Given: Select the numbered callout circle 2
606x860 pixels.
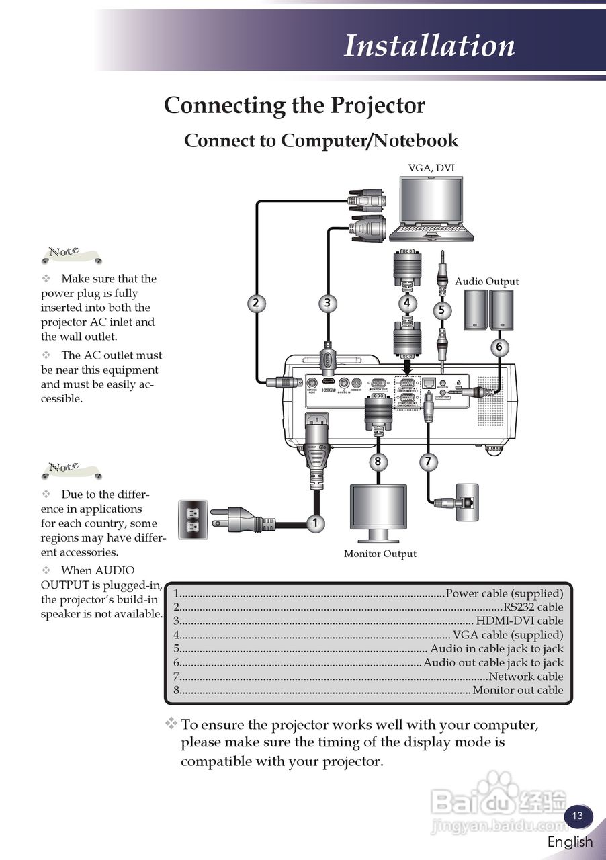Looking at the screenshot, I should (255, 303).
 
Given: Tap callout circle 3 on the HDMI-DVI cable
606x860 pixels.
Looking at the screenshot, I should (327, 303).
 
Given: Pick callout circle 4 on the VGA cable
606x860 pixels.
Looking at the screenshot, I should (406, 303).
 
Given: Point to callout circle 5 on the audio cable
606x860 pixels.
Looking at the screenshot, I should (441, 310).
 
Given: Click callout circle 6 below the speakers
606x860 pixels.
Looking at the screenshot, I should (499, 347).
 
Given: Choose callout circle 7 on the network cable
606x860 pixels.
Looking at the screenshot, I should (428, 462).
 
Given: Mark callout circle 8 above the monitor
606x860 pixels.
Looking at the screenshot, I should (378, 462).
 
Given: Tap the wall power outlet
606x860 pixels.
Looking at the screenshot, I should (191, 519).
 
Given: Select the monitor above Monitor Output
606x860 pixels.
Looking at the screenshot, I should (378, 513).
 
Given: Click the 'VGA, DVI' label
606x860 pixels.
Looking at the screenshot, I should (427, 167).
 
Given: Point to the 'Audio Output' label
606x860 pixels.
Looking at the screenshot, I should (486, 282).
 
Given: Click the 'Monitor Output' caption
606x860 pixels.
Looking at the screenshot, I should (380, 554).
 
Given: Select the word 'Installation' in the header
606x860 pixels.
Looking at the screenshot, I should (429, 46).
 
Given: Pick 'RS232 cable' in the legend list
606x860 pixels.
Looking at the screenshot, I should (533, 607).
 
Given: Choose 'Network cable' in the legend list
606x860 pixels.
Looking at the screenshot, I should (526, 677).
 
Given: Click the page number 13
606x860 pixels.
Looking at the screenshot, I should (577, 816).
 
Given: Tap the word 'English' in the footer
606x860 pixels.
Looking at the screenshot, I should (570, 842).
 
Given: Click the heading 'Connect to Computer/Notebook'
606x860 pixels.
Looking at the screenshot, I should (321, 140).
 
